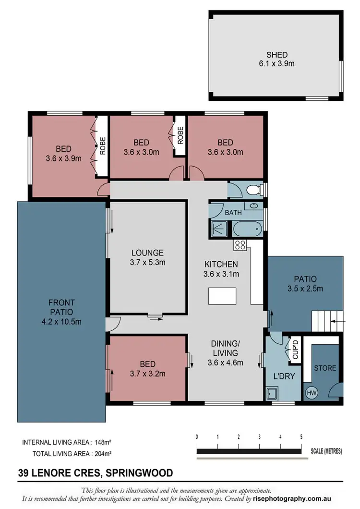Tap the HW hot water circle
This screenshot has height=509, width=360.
point(312,393)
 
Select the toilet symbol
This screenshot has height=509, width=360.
point(253,191)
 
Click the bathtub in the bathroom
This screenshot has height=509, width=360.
point(248,230)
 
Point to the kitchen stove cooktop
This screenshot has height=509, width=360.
point(240,245)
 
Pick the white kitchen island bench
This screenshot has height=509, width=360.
point(223,296)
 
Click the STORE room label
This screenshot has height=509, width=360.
point(325,368)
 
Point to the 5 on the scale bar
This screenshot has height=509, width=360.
point(301,437)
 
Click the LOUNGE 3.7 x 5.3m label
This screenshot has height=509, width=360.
point(148,257)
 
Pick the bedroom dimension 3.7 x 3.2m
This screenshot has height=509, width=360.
point(148,372)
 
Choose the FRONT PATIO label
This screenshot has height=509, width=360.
point(61,312)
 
